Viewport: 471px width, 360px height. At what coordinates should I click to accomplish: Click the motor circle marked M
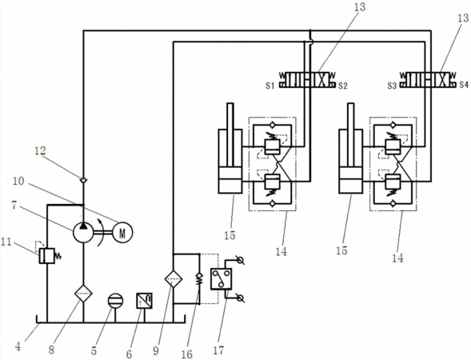coord(122,232)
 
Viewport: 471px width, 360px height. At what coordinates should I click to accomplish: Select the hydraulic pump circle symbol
coord(83,232)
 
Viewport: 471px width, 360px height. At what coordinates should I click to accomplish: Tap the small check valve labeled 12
coord(83,180)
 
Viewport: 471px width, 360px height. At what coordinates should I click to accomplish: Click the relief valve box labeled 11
coord(46,256)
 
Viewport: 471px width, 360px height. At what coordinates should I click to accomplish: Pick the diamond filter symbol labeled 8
coord(83,294)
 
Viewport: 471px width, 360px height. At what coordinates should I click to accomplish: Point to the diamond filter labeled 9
coord(174,278)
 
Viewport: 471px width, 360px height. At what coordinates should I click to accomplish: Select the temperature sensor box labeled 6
coord(144,301)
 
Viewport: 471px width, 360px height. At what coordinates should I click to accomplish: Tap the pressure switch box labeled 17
coord(221,279)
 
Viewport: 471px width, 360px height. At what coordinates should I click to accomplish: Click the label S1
coord(269,86)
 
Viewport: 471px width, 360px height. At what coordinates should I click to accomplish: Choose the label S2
coord(343,86)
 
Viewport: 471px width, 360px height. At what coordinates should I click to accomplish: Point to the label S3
coord(392,86)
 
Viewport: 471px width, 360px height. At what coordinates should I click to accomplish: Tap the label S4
coord(464,85)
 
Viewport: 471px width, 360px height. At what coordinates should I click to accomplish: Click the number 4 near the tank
coord(18,346)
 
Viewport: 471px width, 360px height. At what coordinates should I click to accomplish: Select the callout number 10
coord(18,182)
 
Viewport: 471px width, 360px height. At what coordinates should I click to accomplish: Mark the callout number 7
coord(14,206)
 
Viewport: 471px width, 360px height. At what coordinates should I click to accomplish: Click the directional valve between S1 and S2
coord(308,80)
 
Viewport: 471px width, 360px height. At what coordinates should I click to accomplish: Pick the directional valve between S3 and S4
coord(429,80)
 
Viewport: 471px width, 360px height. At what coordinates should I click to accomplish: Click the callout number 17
coord(218,350)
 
